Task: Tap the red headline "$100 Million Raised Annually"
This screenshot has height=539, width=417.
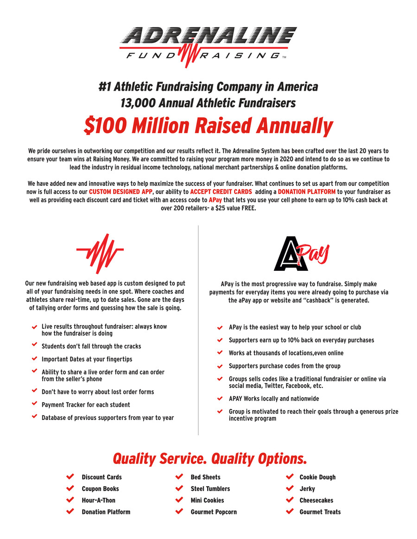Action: coord(208,126)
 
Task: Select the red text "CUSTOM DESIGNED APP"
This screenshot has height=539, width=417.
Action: coord(120,192)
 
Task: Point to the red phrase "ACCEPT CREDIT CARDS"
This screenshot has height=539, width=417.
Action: coord(221,192)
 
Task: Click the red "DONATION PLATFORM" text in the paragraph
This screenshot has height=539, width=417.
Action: coord(307,192)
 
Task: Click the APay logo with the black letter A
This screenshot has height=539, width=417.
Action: coord(301,254)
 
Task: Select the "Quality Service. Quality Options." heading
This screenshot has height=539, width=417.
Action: coord(210,458)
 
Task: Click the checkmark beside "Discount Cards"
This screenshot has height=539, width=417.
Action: coord(70,476)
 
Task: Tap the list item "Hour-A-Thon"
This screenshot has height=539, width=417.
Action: coord(99,500)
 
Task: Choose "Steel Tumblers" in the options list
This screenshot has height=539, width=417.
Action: coord(210,489)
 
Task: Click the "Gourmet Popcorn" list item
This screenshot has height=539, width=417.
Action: coord(214,512)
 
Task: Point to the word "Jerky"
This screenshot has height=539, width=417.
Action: coord(307,489)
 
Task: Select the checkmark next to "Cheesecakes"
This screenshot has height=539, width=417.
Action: coord(290,500)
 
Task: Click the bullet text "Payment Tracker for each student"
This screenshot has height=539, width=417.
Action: coord(86,405)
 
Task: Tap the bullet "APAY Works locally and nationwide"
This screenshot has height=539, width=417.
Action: coord(274,399)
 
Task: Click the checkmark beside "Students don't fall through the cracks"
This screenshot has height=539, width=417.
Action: coord(34,345)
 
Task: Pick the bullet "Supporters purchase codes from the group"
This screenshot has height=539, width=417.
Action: coord(284,366)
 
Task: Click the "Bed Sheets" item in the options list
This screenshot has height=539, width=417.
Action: coord(206,477)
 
